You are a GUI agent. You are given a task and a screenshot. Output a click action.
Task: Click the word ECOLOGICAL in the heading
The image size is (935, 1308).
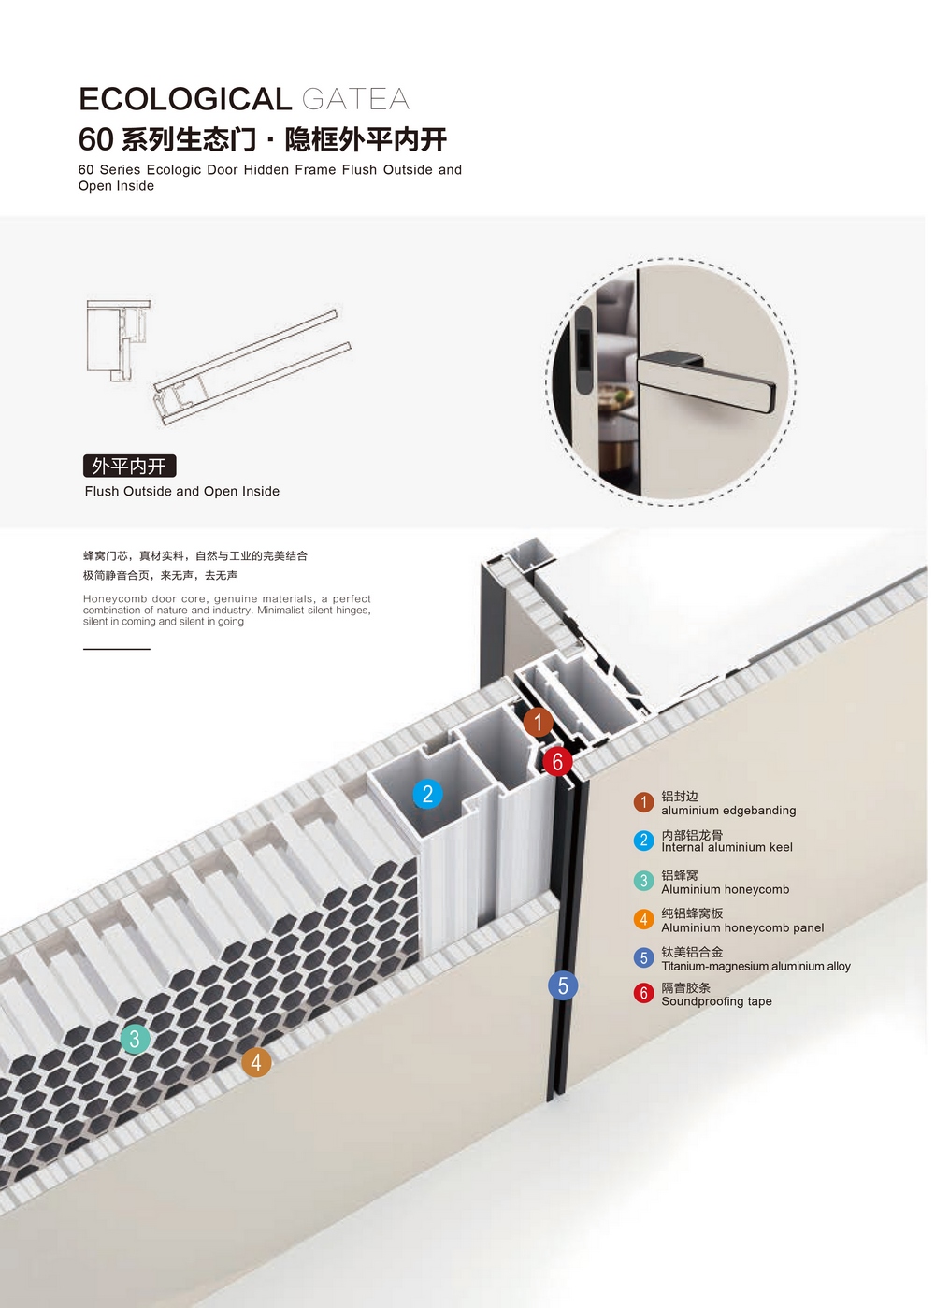click(x=185, y=99)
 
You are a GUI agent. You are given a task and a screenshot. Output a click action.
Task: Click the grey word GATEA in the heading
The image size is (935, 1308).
click(x=355, y=99)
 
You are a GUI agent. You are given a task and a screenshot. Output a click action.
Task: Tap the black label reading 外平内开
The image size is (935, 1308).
click(x=129, y=466)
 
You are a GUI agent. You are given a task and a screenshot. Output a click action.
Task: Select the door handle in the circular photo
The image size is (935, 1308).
click(x=706, y=374)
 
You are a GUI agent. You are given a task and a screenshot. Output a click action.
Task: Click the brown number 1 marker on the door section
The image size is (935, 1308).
click(x=538, y=722)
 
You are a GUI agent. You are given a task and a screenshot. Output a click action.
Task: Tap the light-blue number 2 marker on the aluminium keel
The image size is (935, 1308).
click(x=427, y=794)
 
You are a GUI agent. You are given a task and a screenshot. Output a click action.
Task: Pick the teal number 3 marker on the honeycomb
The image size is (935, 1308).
click(x=135, y=1039)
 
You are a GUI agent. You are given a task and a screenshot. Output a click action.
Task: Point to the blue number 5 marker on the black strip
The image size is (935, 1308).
click(x=562, y=985)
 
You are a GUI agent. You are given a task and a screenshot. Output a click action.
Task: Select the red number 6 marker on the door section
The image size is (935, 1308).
click(x=557, y=761)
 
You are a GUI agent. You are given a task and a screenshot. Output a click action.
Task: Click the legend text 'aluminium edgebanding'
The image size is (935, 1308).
click(x=728, y=811)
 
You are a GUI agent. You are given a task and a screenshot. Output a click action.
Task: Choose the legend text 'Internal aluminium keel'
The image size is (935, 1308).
click(x=726, y=847)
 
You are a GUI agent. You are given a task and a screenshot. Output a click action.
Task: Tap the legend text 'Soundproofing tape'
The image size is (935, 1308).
click(x=716, y=1001)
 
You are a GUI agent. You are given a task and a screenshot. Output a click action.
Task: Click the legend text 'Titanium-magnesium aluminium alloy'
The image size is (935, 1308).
click(x=755, y=967)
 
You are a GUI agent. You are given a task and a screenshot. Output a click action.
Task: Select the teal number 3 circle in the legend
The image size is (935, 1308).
click(x=643, y=881)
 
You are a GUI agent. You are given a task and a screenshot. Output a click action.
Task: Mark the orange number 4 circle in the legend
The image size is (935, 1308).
click(x=643, y=919)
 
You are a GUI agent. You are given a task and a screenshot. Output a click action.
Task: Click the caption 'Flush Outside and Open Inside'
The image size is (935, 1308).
click(x=182, y=492)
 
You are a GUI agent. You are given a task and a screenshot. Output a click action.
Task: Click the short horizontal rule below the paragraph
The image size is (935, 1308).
click(x=117, y=649)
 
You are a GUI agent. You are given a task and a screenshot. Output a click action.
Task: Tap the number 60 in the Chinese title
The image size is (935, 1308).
click(x=95, y=139)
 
